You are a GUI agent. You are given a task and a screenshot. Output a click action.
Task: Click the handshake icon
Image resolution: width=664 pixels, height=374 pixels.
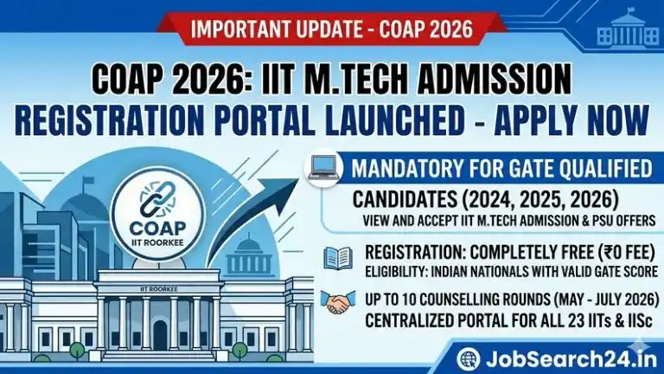pos(336,302)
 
